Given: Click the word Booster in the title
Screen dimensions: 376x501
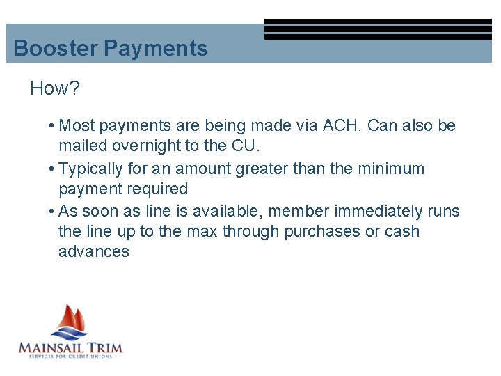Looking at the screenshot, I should click(x=56, y=49).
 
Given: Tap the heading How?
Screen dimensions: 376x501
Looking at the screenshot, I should click(x=55, y=88).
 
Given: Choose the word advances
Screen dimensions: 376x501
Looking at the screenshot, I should click(x=94, y=252).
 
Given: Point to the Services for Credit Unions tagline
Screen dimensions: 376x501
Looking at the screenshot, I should click(x=70, y=357).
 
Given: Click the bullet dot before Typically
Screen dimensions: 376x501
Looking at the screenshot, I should click(x=53, y=169).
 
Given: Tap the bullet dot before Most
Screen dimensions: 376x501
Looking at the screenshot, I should click(x=53, y=126).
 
